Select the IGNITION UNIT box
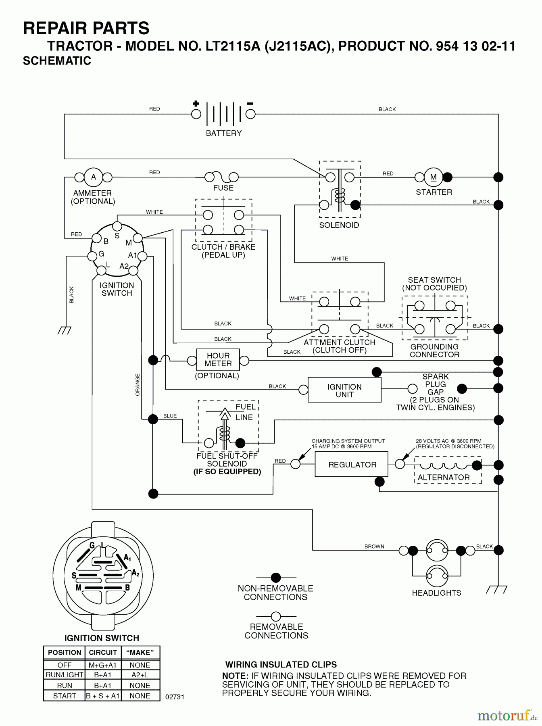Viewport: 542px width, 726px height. click(344, 390)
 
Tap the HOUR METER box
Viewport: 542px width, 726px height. click(218, 360)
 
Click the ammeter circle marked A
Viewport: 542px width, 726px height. click(94, 177)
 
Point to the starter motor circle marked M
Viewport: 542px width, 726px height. click(433, 177)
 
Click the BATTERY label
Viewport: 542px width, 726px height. click(223, 133)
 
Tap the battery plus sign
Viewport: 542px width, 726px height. click(196, 104)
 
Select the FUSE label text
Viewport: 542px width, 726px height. click(223, 188)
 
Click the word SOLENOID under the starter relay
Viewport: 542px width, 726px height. click(339, 225)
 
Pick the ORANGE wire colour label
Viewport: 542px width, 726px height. click(138, 384)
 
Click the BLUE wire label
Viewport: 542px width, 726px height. click(170, 416)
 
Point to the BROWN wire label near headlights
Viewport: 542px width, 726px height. click(374, 547)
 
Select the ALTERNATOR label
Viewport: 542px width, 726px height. click(443, 478)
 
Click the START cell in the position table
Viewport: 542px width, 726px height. click(64, 696)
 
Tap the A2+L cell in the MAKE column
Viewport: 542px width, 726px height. click(140, 675)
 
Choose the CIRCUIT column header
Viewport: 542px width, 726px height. click(103, 653)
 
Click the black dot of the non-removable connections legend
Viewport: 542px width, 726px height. click(276, 578)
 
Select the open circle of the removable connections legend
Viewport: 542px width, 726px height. click(276, 616)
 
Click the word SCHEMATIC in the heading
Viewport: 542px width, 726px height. click(57, 61)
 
